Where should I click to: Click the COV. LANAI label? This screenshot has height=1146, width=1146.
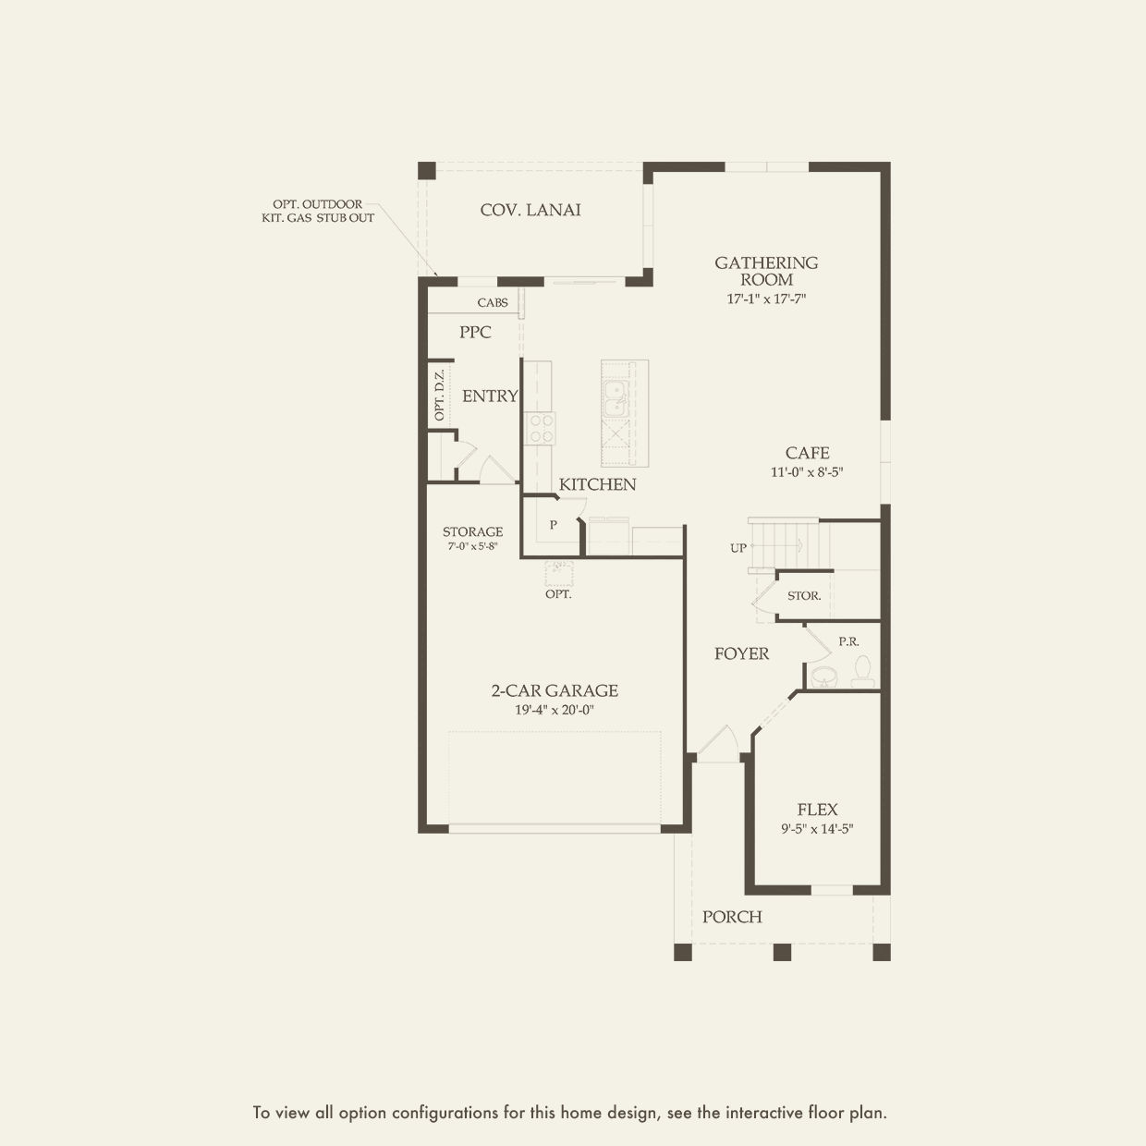(530, 210)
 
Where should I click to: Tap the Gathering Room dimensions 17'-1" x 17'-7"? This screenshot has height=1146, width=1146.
(767, 299)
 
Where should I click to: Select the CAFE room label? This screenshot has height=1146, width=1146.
(807, 453)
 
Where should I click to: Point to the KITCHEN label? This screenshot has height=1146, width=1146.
(597, 484)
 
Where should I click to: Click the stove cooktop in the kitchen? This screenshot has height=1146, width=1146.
(541, 428)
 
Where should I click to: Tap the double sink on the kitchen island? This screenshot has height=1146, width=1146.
(614, 401)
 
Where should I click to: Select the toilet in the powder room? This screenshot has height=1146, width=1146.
(863, 670)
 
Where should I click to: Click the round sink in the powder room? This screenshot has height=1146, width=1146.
(823, 677)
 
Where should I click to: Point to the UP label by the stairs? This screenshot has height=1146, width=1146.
(738, 548)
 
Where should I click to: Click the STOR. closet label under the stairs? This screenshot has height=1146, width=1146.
(804, 596)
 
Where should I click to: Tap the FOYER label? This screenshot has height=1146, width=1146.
(741, 654)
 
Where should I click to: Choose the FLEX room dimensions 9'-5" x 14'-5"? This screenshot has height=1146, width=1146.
(816, 829)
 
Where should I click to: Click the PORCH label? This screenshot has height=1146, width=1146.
(732, 917)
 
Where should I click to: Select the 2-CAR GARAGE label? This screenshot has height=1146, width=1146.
(555, 690)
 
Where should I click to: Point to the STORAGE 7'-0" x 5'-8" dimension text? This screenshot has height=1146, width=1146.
(472, 546)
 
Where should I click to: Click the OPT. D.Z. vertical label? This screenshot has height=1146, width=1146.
(440, 395)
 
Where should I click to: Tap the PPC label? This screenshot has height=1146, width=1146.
(475, 332)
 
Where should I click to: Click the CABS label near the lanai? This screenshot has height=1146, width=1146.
(493, 302)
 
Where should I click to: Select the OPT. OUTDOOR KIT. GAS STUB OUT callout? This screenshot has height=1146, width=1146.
(317, 211)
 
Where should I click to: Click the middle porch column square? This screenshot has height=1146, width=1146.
(782, 952)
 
